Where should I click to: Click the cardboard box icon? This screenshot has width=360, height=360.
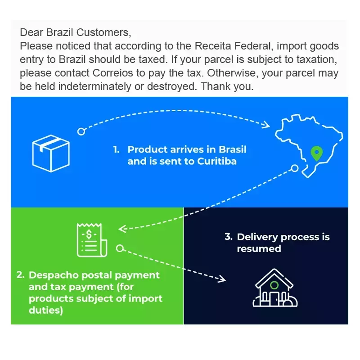click(x=51, y=153)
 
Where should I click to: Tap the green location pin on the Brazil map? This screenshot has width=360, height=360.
click(x=317, y=153)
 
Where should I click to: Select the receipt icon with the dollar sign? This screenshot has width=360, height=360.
click(x=92, y=240)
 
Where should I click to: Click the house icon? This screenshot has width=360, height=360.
click(x=275, y=288)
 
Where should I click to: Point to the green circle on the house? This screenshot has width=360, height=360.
click(x=274, y=285)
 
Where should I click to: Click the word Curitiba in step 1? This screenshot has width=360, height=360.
click(x=217, y=161)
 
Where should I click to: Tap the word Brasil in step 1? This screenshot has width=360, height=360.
click(x=232, y=149)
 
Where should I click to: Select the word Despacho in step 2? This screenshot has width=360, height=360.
click(x=54, y=275)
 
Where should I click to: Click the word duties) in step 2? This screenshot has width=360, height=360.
click(x=46, y=310)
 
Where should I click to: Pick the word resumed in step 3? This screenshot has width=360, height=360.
click(x=259, y=249)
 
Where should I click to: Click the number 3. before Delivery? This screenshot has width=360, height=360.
click(x=229, y=237)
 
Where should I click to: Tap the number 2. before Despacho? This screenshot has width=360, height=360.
click(x=20, y=275)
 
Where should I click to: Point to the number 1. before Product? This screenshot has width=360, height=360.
click(x=116, y=150)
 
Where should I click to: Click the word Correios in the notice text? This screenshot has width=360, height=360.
click(x=113, y=73)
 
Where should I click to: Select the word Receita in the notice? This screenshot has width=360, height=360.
click(x=212, y=46)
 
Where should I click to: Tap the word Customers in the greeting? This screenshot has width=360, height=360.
click(x=103, y=32)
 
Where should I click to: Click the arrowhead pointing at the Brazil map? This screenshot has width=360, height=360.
click(x=266, y=125)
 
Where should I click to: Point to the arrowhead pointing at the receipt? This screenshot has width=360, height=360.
click(x=122, y=229)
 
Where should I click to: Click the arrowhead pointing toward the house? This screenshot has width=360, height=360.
click(x=221, y=279)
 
